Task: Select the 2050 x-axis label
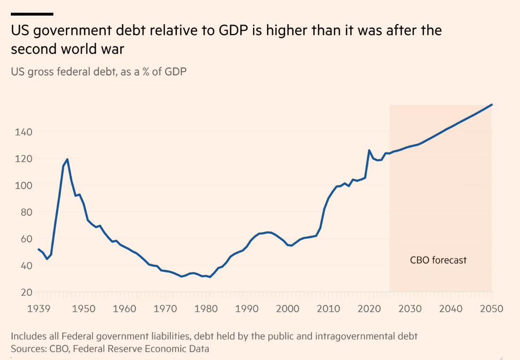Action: [491, 309]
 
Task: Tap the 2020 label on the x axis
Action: [368, 309]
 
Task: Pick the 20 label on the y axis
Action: [27, 292]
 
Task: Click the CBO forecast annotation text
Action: [438, 260]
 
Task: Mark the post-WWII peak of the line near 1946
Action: [67, 159]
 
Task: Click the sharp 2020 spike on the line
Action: [369, 151]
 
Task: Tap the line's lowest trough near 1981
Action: [210, 277]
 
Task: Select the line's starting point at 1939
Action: [38, 249]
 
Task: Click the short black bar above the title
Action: [32, 14]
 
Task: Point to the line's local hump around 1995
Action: [268, 232]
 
